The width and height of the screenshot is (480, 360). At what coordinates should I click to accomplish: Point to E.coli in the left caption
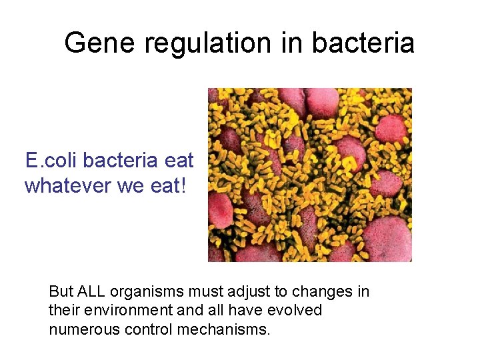51,161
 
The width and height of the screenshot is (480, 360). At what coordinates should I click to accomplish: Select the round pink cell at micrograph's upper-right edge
391,128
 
